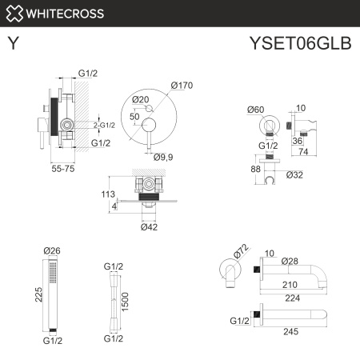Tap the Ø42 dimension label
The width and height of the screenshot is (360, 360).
(x=150, y=227)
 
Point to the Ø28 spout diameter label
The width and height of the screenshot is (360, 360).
(x=292, y=261)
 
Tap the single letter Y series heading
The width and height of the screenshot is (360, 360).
(x=14, y=45)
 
